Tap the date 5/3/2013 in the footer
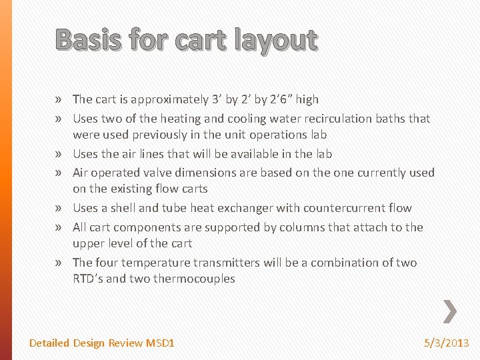(447, 343)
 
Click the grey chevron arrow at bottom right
(450, 311)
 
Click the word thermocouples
(194, 279)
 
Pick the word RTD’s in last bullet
(88, 279)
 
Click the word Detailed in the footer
(49, 343)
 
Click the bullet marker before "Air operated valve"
(60, 173)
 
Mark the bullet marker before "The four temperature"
(60, 263)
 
